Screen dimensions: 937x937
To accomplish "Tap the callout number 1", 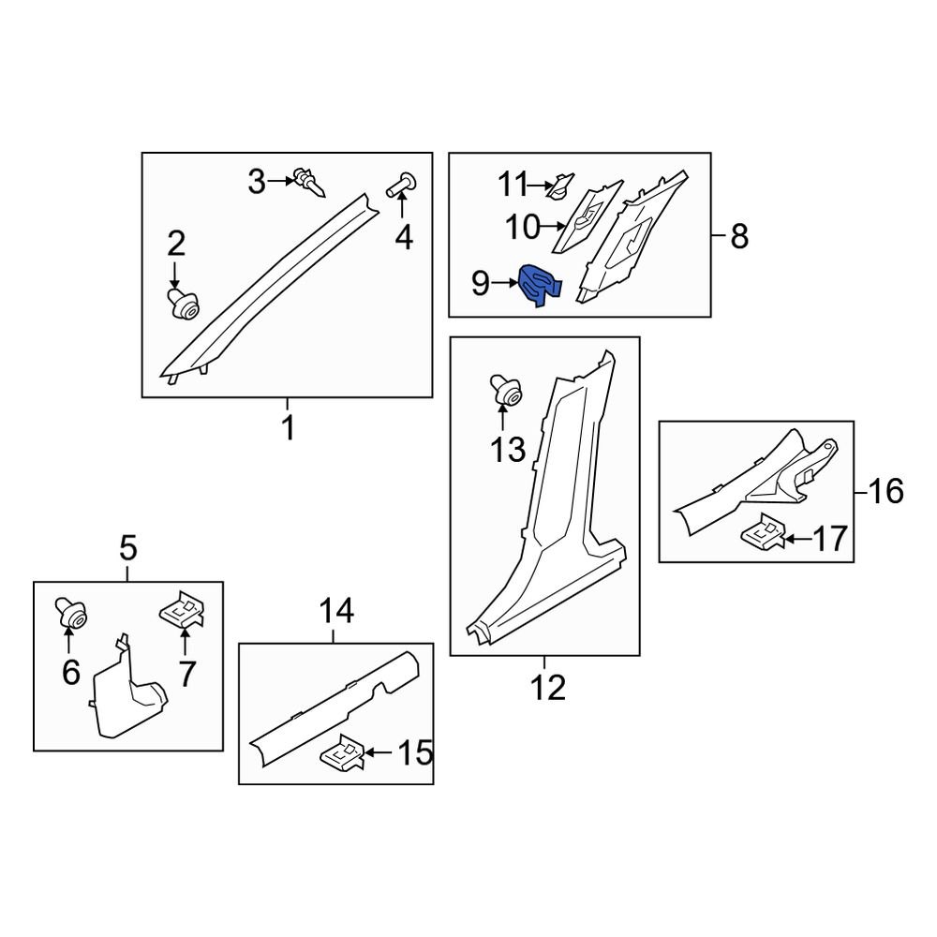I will click(x=288, y=428).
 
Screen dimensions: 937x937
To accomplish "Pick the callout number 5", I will click(x=127, y=546).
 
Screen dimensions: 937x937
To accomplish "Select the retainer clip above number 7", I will click(x=185, y=611).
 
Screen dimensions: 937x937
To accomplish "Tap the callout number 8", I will click(x=738, y=236).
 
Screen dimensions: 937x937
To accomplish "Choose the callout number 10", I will click(x=523, y=226).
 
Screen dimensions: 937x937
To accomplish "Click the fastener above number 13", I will click(x=508, y=392).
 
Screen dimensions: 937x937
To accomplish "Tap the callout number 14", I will click(x=336, y=613).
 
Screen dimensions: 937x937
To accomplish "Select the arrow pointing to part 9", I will click(x=505, y=282).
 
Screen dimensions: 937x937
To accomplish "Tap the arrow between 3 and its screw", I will click(x=281, y=180).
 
